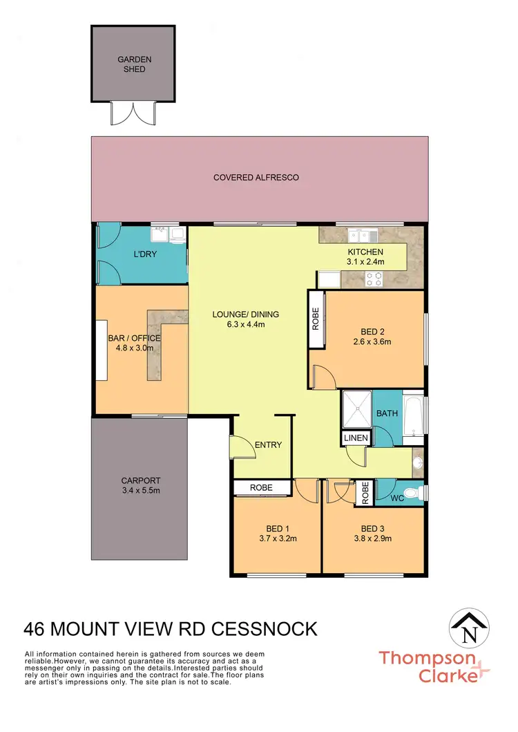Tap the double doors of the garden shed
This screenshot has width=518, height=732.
click(x=131, y=113)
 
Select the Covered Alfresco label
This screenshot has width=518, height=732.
click(x=256, y=178)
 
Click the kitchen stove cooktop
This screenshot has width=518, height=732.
click(x=374, y=279)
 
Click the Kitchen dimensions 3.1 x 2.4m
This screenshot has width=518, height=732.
click(x=365, y=262)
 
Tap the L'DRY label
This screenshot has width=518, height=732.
click(x=145, y=254)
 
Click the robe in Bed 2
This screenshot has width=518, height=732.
click(x=316, y=319)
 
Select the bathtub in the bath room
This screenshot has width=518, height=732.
click(x=412, y=418)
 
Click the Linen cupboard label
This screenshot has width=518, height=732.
click(x=356, y=438)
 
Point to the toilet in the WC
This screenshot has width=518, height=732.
click(x=412, y=494)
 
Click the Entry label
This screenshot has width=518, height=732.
click(x=268, y=444)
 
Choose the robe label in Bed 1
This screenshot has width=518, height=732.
click(x=261, y=488)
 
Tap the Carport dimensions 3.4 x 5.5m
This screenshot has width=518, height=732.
click(x=141, y=491)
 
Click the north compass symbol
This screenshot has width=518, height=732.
click(x=472, y=630)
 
